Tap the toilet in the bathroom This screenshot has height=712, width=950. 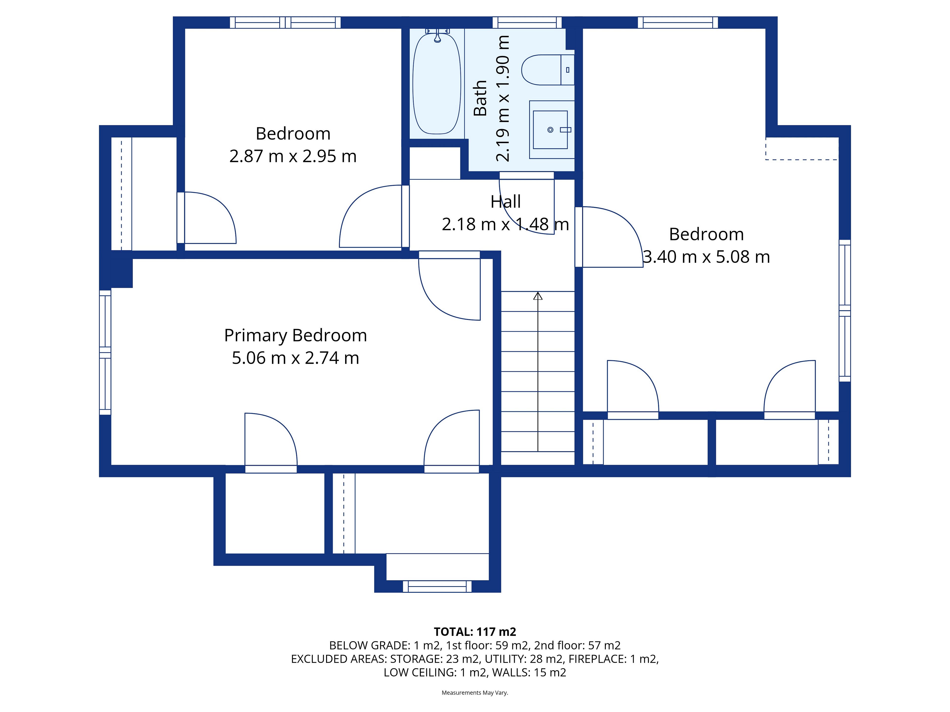pos(547,69)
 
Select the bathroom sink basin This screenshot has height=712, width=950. pos(550,130)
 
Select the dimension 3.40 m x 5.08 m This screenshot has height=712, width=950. pos(707,257)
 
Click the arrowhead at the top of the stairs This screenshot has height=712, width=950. pos(538,296)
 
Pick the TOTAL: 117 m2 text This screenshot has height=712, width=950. pos(475,632)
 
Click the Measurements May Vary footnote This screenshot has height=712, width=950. pos(475,693)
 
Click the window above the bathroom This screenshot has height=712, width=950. pos(527,22)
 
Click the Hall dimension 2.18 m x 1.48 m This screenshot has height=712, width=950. pos(505,224)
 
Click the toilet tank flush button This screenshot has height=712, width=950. pos(568,69)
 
